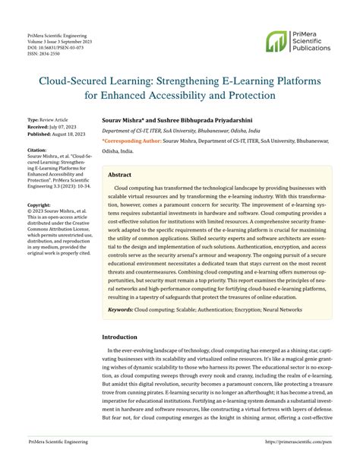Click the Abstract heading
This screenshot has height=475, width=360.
coord(121,174)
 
